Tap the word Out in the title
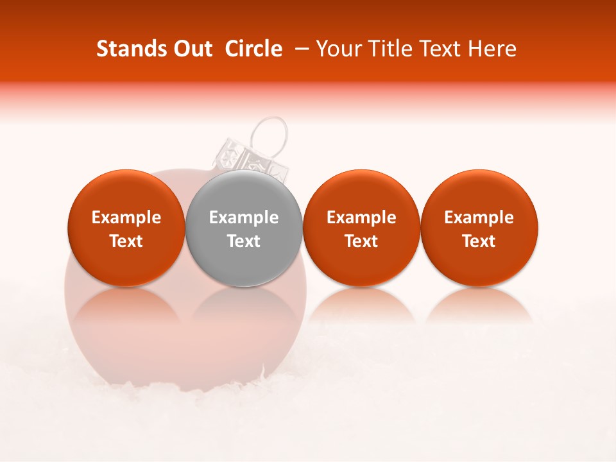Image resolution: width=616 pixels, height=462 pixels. (x=191, y=49)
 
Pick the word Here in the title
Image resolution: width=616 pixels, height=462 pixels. (x=492, y=49)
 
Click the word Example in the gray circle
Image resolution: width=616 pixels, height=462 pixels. (x=244, y=218)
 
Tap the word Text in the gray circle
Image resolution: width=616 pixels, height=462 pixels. (x=244, y=241)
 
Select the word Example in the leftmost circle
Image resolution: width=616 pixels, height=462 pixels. (x=126, y=218)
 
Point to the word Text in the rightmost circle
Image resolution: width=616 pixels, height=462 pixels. (x=479, y=241)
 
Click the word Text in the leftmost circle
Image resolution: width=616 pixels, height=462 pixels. (x=126, y=241)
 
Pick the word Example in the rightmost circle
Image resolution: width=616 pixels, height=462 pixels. (x=479, y=218)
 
